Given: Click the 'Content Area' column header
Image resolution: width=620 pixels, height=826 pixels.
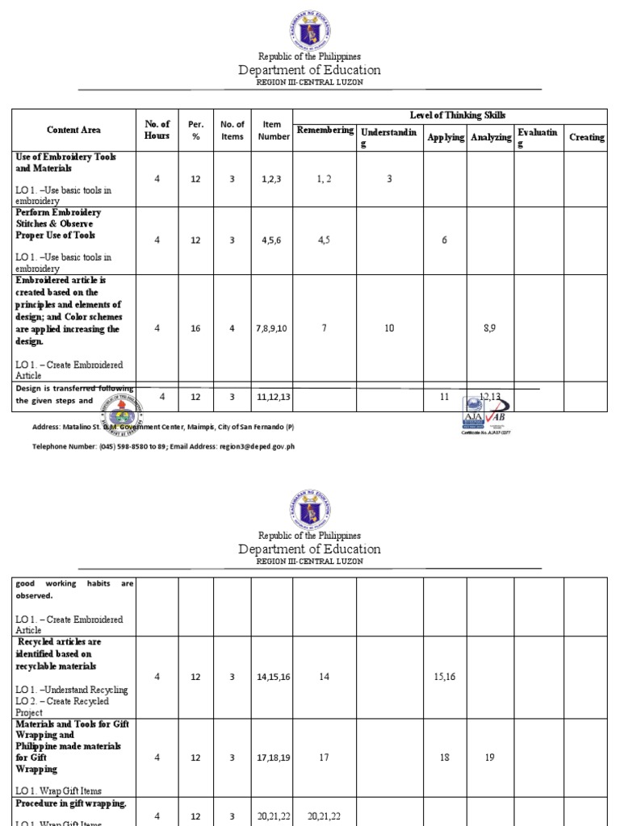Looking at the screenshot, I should pyautogui.click(x=73, y=130).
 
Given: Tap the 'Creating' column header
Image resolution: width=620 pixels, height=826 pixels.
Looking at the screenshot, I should pyautogui.click(x=586, y=137).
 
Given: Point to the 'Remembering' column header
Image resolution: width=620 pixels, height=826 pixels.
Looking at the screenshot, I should pyautogui.click(x=325, y=131).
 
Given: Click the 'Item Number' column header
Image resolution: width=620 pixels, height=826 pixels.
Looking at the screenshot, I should pyautogui.click(x=272, y=130).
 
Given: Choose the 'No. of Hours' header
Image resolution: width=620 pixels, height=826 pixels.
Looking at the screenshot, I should pyautogui.click(x=157, y=130).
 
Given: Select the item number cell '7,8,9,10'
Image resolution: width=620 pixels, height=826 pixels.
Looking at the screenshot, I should pyautogui.click(x=272, y=328).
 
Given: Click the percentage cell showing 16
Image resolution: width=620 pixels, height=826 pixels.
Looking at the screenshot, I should pyautogui.click(x=195, y=328).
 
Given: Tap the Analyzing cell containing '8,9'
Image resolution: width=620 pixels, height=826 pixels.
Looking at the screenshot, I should pyautogui.click(x=490, y=328).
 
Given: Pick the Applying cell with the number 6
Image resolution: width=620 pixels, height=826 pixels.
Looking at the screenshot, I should pyautogui.click(x=444, y=240).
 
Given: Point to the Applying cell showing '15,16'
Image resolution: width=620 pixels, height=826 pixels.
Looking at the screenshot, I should pyautogui.click(x=444, y=677).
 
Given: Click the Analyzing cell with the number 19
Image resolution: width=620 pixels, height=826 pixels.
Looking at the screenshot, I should pyautogui.click(x=490, y=757).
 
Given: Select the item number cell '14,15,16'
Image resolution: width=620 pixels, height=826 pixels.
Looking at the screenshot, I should pyautogui.click(x=273, y=677).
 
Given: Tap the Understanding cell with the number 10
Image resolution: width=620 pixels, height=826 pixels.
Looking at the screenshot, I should pyautogui.click(x=390, y=328).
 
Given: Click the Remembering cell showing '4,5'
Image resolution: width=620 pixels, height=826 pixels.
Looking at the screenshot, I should pyautogui.click(x=325, y=240).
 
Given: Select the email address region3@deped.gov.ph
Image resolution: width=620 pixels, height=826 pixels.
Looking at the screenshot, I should pyautogui.click(x=249, y=445).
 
